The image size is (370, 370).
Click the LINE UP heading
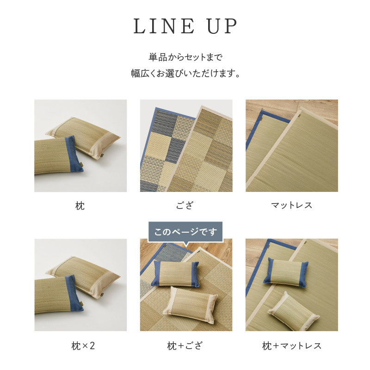[185, 27]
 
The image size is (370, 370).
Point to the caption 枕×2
[80, 345]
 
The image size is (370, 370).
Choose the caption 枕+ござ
[185, 345]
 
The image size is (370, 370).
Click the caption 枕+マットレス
[291, 345]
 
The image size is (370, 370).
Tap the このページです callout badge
[185, 232]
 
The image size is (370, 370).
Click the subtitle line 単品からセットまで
[185, 58]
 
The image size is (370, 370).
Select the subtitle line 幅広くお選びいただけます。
[185, 74]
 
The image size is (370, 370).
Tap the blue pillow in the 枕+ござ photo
[176, 273]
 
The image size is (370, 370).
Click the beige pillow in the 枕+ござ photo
[193, 302]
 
